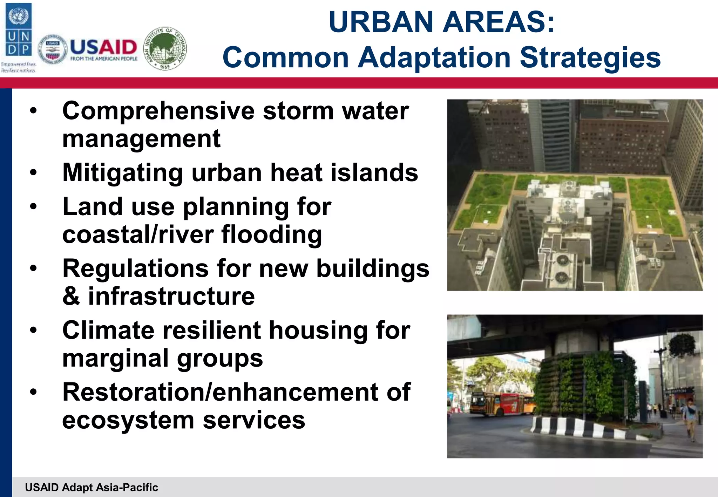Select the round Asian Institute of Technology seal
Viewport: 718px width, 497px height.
[165, 48]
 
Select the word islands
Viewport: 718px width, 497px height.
[374, 173]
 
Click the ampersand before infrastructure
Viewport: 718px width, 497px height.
[71, 297]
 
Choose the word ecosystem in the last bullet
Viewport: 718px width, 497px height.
[128, 420]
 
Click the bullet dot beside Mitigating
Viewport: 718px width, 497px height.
[33, 172]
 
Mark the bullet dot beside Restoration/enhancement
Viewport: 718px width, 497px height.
[33, 392]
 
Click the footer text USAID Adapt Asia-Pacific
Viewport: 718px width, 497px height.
[92, 487]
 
